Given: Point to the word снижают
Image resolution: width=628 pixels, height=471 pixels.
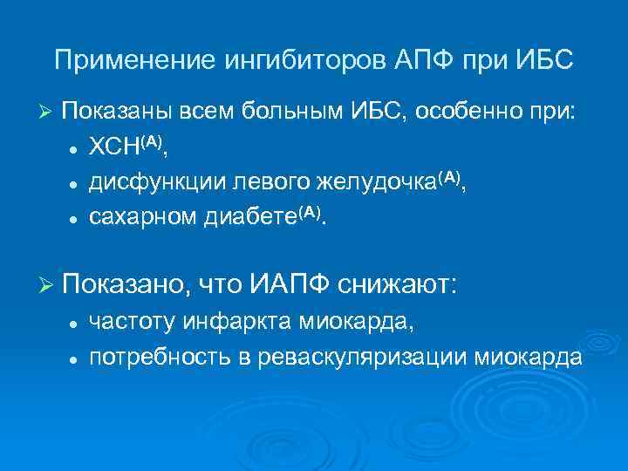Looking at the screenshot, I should click(399, 283).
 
